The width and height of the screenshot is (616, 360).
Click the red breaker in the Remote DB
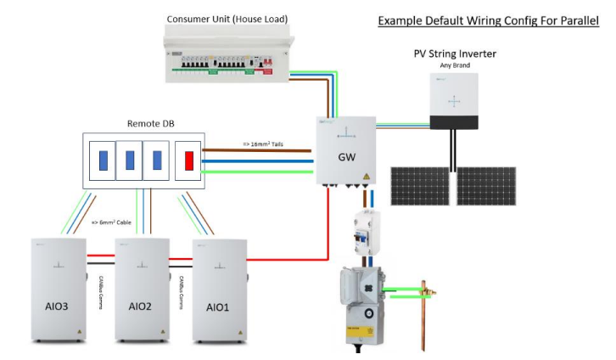190,160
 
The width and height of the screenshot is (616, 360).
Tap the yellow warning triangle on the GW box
366,177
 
